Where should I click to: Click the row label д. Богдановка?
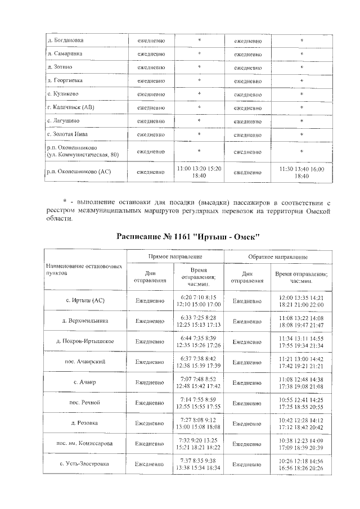tap(66, 40)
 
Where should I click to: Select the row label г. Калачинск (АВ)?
tap(71, 107)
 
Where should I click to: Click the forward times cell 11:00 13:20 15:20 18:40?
tap(199, 172)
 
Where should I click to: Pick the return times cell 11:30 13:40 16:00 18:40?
tap(301, 172)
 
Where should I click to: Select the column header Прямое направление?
tap(175, 256)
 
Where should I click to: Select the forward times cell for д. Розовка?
tap(199, 423)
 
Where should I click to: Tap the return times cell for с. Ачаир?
tap(301, 382)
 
